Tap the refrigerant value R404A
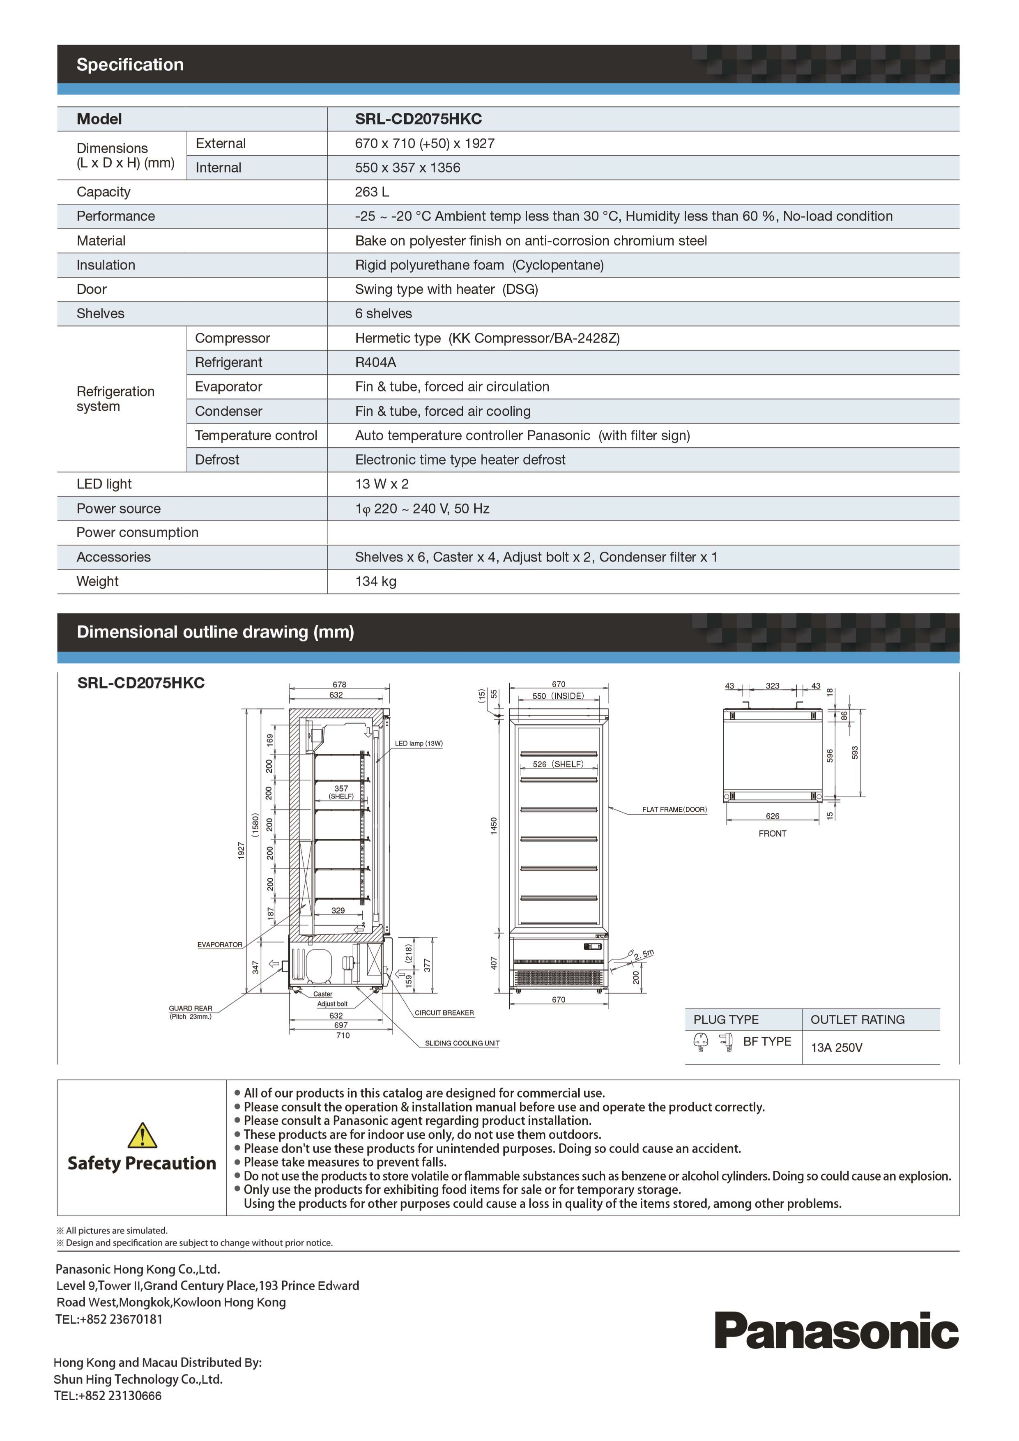375,362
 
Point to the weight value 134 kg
375,581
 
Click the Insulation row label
106,265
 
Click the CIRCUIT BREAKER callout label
444,1013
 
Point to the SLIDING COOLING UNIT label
462,1043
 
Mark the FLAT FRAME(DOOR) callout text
674,810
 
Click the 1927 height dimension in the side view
241,850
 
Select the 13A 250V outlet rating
836,1047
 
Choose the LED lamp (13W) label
419,744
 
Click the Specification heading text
130,64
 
